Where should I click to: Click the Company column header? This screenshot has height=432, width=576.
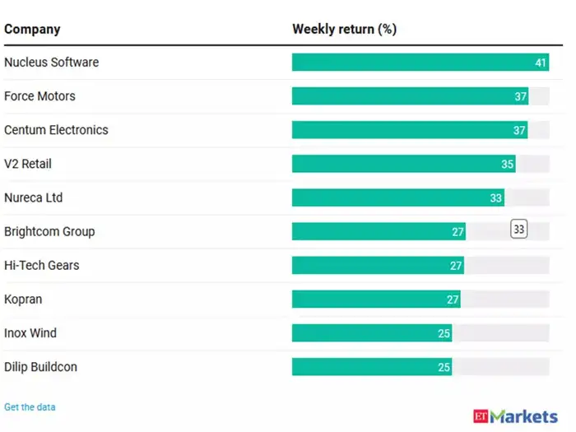[32, 30]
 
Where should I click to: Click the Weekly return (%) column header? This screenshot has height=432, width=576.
[344, 30]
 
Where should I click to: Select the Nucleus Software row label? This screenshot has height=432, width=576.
[51, 63]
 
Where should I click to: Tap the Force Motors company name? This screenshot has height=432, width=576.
[39, 96]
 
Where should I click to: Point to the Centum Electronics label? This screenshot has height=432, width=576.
[56, 130]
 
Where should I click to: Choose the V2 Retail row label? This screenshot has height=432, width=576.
[28, 164]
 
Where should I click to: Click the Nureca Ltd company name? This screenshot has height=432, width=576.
[33, 197]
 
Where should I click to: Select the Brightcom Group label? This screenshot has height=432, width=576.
[49, 231]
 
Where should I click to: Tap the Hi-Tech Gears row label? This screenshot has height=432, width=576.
[42, 265]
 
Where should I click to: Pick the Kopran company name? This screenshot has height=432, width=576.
[22, 300]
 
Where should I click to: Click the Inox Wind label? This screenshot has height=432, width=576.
[30, 333]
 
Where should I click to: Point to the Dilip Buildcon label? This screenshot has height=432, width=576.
[40, 367]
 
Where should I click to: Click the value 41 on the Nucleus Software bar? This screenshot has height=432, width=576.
[541, 63]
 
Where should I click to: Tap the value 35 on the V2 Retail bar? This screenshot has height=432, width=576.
[507, 165]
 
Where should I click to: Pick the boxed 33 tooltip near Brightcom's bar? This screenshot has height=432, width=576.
[518, 230]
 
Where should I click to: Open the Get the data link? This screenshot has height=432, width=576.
[30, 407]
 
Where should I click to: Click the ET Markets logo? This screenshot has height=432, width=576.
[516, 416]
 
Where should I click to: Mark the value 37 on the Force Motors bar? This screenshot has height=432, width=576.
[520, 97]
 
